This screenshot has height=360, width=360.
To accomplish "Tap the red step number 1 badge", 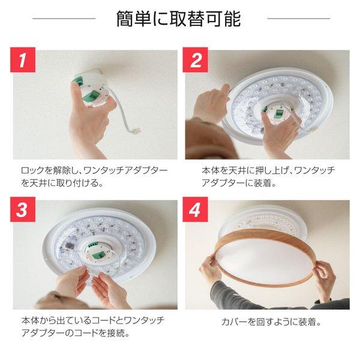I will [23, 61].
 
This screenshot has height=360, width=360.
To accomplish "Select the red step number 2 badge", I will [196, 61].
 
